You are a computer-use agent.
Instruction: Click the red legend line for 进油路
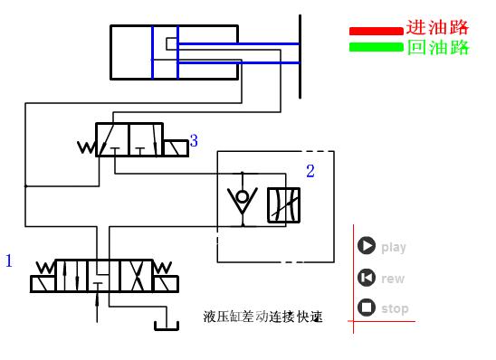coord(376,32)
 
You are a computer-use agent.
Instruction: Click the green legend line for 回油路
coord(376,46)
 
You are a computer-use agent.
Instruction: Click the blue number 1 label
coord(9,261)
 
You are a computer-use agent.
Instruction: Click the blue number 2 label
coord(310,171)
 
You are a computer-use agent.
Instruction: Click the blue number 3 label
coord(194,141)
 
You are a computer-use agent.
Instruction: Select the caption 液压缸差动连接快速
coord(263,317)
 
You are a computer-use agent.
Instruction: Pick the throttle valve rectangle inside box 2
coord(283,205)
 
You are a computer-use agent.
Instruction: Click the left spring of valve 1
coord(43,269)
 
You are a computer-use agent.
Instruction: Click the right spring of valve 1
coord(163,269)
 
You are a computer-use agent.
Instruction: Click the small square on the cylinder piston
coord(172,43)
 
